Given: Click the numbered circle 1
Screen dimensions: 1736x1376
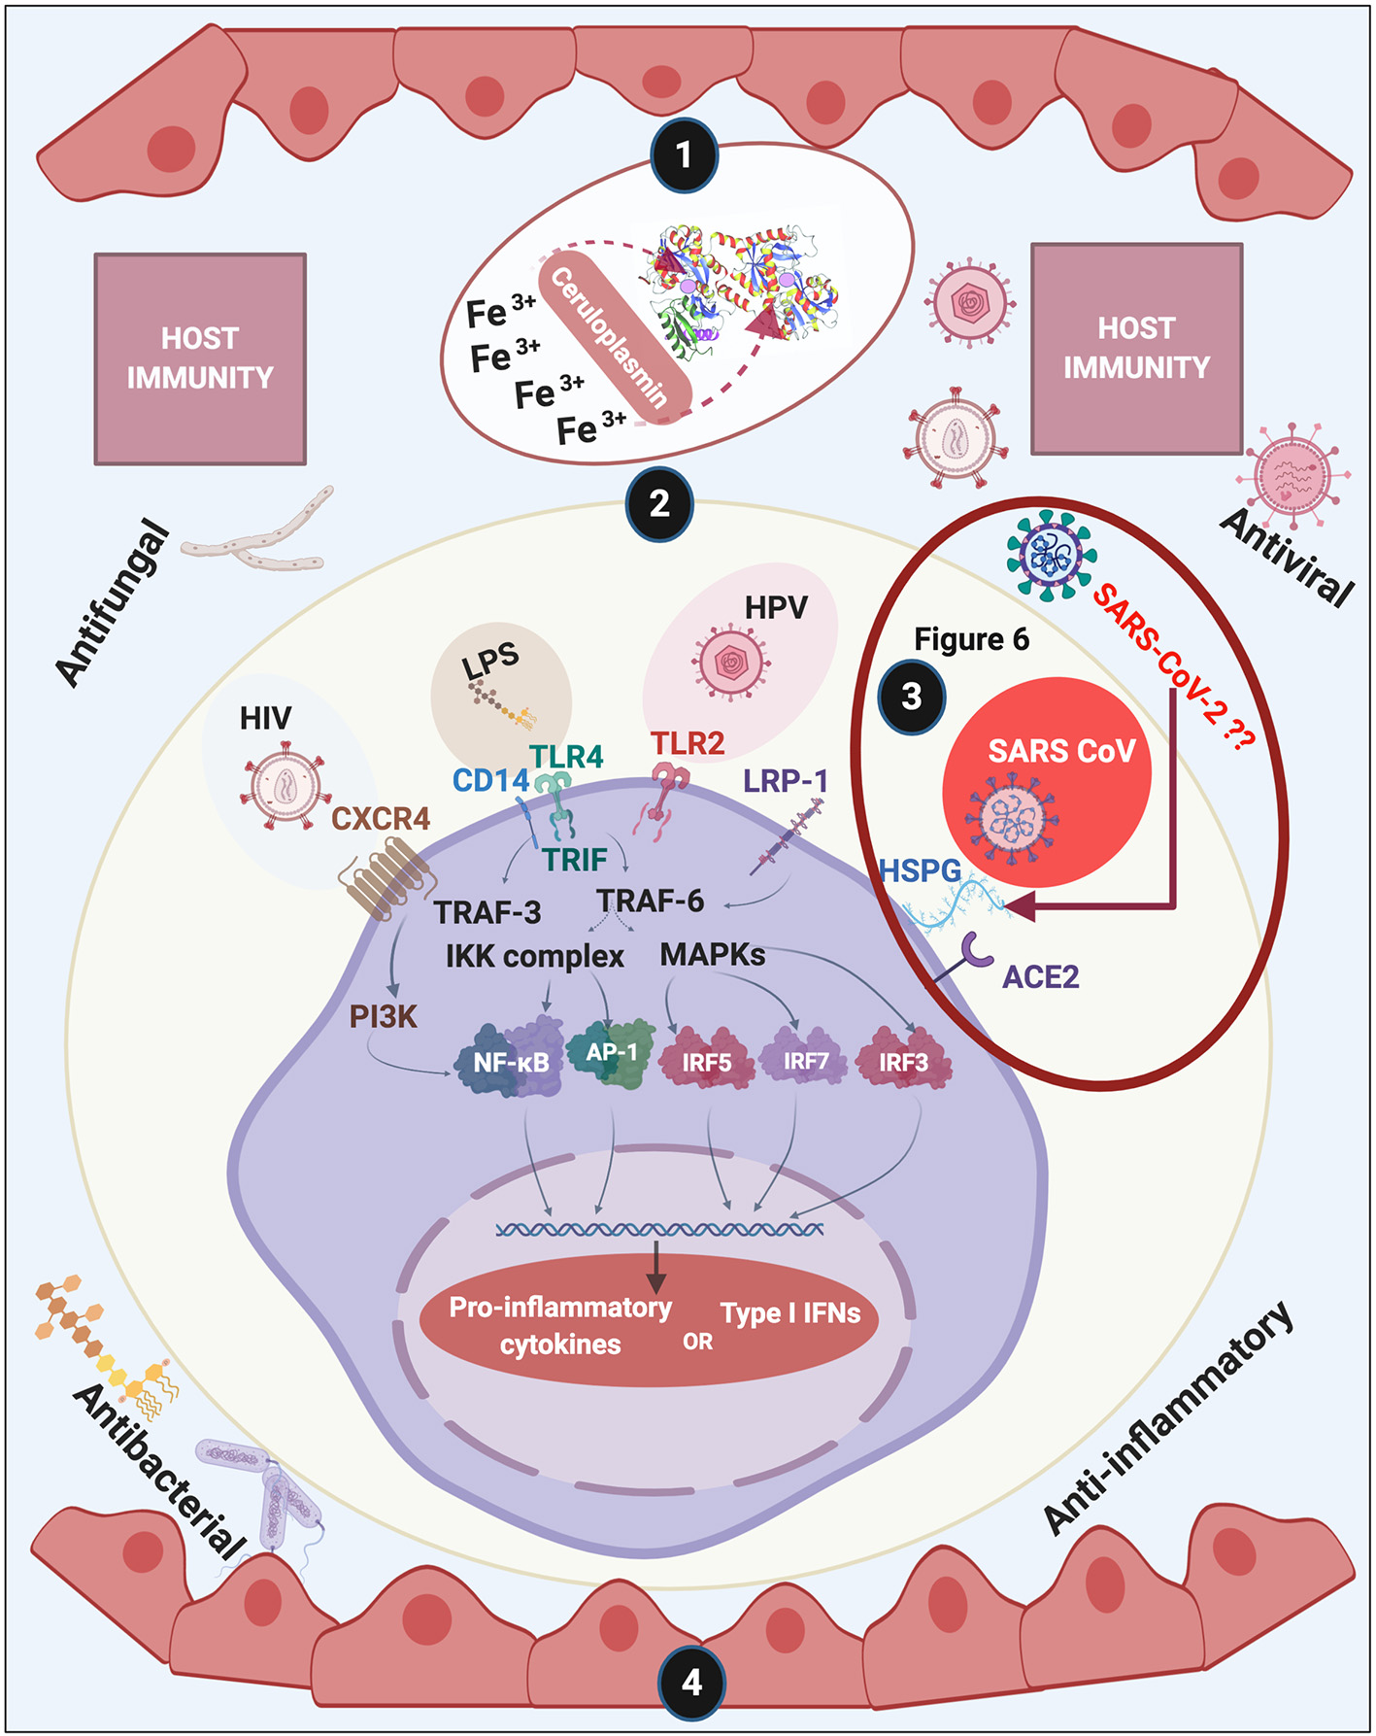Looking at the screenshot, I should pyautogui.click(x=684, y=154).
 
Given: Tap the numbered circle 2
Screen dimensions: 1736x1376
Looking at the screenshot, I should pyautogui.click(x=659, y=503).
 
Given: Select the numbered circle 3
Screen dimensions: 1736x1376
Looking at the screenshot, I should pyautogui.click(x=911, y=696).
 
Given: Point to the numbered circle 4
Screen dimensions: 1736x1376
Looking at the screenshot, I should pyautogui.click(x=691, y=1681).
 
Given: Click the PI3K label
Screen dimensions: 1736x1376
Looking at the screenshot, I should pyautogui.click(x=383, y=1017).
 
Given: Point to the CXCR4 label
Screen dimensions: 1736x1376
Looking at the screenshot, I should pyautogui.click(x=381, y=819).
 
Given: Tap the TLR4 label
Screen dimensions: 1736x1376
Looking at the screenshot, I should pyautogui.click(x=566, y=757).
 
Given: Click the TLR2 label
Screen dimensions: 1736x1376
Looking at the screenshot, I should pyautogui.click(x=688, y=744).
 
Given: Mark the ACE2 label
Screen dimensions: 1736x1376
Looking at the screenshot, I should pyautogui.click(x=1040, y=976).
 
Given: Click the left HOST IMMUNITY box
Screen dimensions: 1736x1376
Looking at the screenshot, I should pyautogui.click(x=200, y=358).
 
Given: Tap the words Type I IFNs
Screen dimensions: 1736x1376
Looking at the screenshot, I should pyautogui.click(x=790, y=1313).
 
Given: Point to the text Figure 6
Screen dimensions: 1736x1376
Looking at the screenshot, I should pyautogui.click(x=971, y=639).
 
